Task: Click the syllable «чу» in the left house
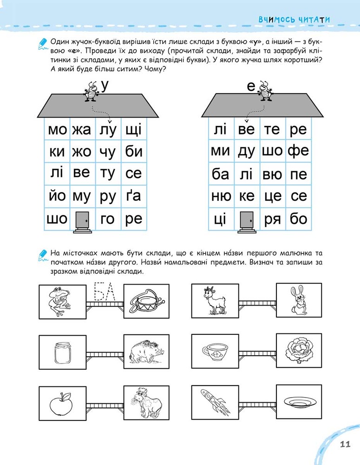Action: [x=108, y=152]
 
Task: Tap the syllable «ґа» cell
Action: [x=133, y=195]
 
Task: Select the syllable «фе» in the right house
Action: [x=298, y=150]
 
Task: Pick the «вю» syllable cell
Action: [x=272, y=174]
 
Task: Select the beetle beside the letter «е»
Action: [x=264, y=91]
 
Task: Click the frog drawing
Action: [x=60, y=302]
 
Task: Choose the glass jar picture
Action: [x=63, y=353]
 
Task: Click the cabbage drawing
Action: [x=299, y=350]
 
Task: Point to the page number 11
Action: [x=345, y=444]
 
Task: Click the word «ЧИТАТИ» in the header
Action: [x=314, y=20]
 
